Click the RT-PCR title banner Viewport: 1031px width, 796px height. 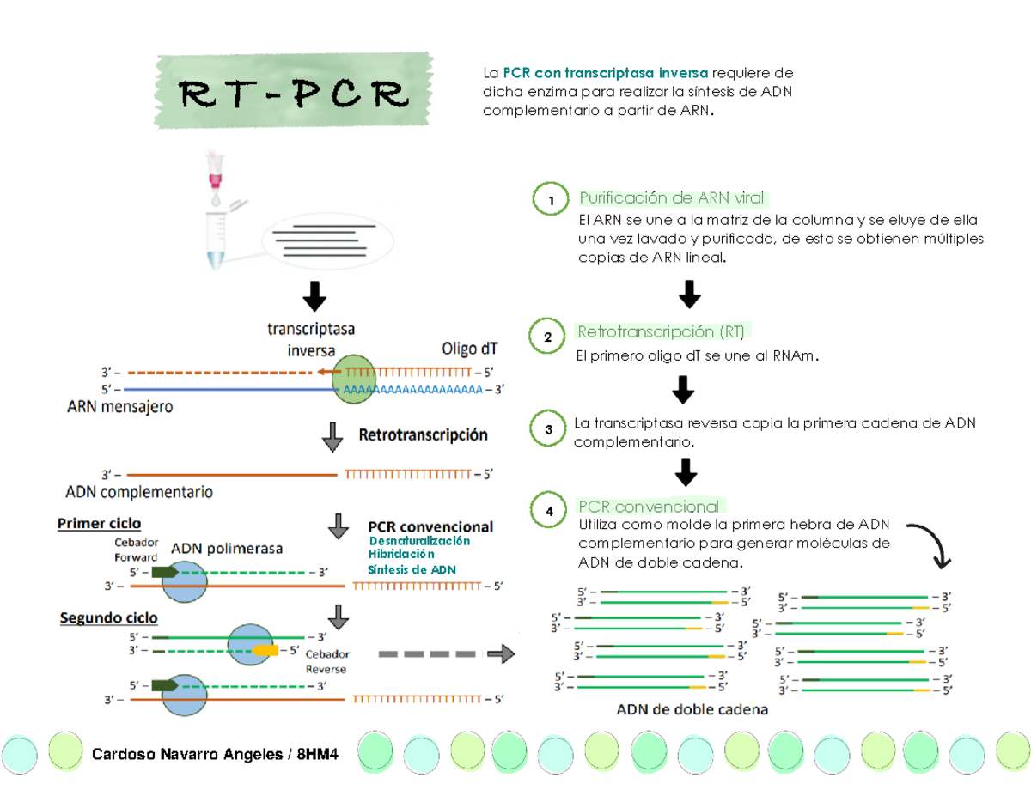pos(292,94)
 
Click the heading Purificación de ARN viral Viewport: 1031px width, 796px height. pos(672,198)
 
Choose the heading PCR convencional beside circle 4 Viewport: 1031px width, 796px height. pos(649,507)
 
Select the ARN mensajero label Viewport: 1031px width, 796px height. pos(119,407)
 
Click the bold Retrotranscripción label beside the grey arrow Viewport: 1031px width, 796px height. pos(423,435)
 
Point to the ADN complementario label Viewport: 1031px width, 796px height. pos(139,493)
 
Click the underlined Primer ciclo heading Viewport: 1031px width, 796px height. pos(99,523)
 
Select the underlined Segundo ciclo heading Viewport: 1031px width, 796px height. pos(108,617)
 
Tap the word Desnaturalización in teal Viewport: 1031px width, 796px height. pos(419,542)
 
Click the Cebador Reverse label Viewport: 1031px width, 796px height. pos(326,661)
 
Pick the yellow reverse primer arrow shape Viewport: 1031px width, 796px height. pos(265,650)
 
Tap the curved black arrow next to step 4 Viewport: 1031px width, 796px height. pos(930,544)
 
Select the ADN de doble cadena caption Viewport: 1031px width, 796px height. pos(692,711)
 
